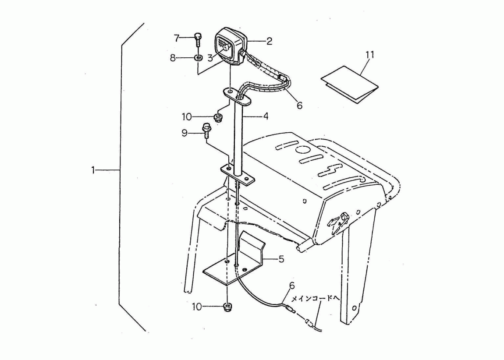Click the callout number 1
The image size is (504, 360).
click(x=93, y=170)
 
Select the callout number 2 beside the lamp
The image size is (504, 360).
click(x=269, y=41)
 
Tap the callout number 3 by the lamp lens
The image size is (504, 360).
click(x=210, y=58)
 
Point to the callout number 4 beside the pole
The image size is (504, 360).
click(x=266, y=116)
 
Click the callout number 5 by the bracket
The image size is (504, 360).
click(x=281, y=259)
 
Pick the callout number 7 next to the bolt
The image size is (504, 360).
click(x=177, y=38)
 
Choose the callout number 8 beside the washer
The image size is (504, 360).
click(x=173, y=58)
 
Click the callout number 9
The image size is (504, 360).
click(x=185, y=133)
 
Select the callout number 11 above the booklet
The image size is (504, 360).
click(x=370, y=55)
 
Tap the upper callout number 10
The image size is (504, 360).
click(x=187, y=117)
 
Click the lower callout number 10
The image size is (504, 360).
click(x=197, y=307)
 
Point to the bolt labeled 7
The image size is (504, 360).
click(x=198, y=41)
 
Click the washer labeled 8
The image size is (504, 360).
click(x=198, y=58)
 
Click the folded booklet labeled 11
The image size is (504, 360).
click(x=349, y=85)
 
